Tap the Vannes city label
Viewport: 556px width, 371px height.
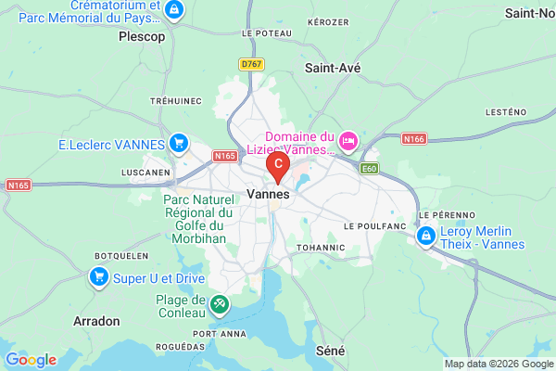tap(269, 195)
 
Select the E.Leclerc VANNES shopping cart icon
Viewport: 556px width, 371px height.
tap(180, 144)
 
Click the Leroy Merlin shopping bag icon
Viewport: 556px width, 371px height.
tap(426, 237)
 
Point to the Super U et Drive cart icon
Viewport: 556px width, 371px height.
tap(99, 276)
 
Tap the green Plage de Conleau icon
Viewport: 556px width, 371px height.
tap(219, 302)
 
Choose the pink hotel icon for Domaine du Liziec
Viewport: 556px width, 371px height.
tap(348, 141)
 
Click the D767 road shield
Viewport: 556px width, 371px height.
tap(249, 64)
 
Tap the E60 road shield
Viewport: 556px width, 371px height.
tap(370, 169)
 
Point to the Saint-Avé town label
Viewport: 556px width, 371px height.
tap(333, 68)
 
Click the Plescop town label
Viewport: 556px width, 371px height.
tap(142, 37)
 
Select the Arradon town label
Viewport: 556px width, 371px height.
tap(96, 321)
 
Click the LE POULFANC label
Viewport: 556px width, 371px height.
tap(375, 225)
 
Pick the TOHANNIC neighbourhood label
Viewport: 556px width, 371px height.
tap(321, 248)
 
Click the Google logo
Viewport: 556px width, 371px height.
tap(31, 360)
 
